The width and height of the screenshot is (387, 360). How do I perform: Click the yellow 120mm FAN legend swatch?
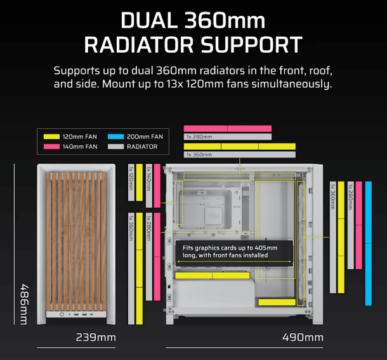[51, 137]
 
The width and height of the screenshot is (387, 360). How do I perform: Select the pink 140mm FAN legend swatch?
[51, 147]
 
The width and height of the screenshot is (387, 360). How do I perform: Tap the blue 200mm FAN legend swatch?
[115, 137]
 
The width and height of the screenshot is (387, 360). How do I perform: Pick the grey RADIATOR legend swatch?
[115, 147]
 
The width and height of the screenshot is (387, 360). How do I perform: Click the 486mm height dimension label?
[24, 304]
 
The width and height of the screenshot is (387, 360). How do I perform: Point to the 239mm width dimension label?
[96, 338]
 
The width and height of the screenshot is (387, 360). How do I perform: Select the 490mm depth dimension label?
[303, 338]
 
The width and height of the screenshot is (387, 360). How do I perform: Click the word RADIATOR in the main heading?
[139, 45]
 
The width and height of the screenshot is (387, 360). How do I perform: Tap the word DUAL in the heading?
[149, 21]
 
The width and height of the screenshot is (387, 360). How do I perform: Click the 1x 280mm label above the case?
[199, 137]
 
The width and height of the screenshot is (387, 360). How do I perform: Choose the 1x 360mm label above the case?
[199, 155]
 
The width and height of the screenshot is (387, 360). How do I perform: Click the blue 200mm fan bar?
[369, 243]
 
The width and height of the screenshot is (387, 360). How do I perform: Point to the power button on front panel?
[62, 314]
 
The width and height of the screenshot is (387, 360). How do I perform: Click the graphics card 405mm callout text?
[230, 251]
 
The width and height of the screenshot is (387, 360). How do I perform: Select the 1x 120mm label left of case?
[131, 178]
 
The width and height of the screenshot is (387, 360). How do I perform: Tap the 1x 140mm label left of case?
[149, 178]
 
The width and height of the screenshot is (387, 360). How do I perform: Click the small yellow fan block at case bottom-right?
[277, 302]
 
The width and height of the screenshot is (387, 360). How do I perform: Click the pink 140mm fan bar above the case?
[228, 129]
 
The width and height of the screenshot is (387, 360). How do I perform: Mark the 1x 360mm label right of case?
[333, 196]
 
